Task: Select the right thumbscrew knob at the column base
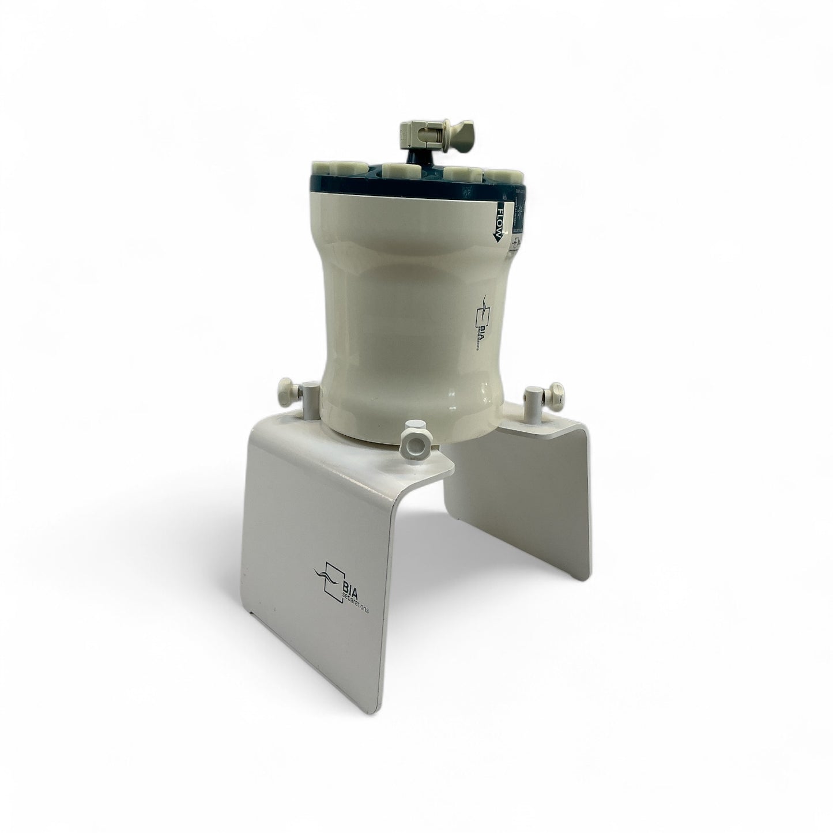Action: point(556,391)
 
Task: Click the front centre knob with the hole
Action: point(414,432)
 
